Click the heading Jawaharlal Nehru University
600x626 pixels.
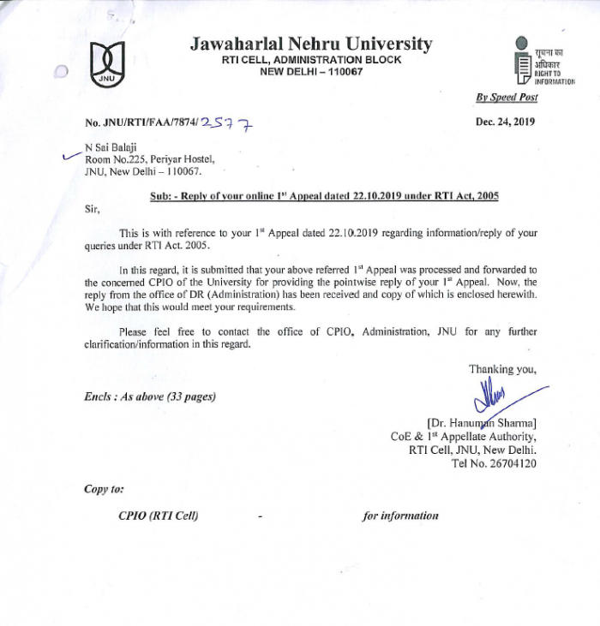tap(311, 45)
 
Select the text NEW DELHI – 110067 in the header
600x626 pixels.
tap(311, 72)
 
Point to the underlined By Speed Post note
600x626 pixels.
tap(507, 98)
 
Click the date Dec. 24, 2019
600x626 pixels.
tap(505, 122)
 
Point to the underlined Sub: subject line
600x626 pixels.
tap(324, 196)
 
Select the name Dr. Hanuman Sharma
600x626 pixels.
tap(482, 422)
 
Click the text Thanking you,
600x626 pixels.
tap(502, 369)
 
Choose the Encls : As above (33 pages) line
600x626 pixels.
tap(150, 396)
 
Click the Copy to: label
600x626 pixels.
tap(104, 489)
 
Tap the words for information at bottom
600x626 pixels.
tap(400, 516)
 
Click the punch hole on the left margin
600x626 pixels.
tap(61, 73)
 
